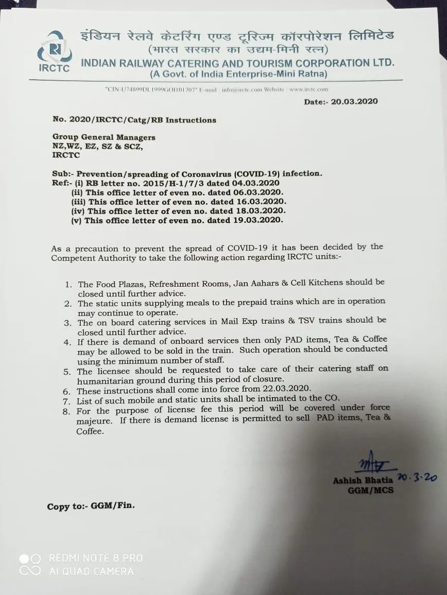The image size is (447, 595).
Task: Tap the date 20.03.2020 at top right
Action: click(354, 101)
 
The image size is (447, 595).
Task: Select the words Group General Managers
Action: click(104, 137)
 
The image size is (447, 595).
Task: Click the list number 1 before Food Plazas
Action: click(68, 285)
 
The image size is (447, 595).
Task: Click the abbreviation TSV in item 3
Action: click(307, 321)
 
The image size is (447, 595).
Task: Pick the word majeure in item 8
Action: click(94, 422)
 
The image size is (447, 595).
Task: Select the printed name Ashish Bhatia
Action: click(363, 480)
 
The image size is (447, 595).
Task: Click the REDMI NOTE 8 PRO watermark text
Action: click(96, 558)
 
